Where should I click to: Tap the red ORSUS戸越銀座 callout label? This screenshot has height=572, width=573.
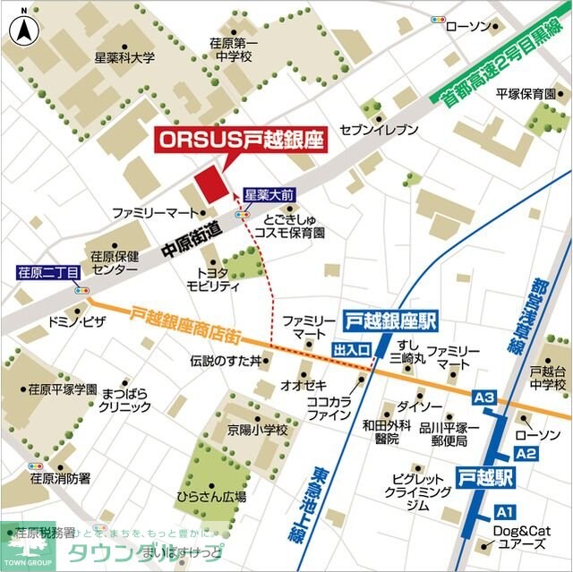click(240, 140)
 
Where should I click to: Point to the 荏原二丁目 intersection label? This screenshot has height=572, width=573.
click(48, 270)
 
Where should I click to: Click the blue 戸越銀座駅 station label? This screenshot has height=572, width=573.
click(389, 320)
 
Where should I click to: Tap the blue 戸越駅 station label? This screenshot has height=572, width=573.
click(486, 476)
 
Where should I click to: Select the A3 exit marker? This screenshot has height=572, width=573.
click(484, 397)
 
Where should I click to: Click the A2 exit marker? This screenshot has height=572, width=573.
click(526, 454)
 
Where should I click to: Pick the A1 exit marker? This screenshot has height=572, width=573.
click(505, 512)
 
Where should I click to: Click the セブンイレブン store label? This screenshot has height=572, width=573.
click(379, 130)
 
